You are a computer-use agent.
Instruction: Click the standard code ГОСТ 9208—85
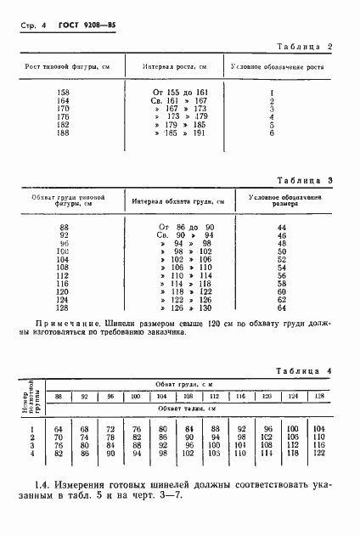point(87,27)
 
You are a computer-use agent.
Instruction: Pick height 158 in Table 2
point(63,92)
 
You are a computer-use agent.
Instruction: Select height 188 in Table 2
point(63,133)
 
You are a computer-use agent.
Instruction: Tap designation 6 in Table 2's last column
point(271,133)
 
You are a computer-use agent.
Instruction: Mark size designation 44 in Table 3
point(282,228)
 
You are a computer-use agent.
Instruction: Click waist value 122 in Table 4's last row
point(319,453)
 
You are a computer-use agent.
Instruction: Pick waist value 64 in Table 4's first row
point(59,429)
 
